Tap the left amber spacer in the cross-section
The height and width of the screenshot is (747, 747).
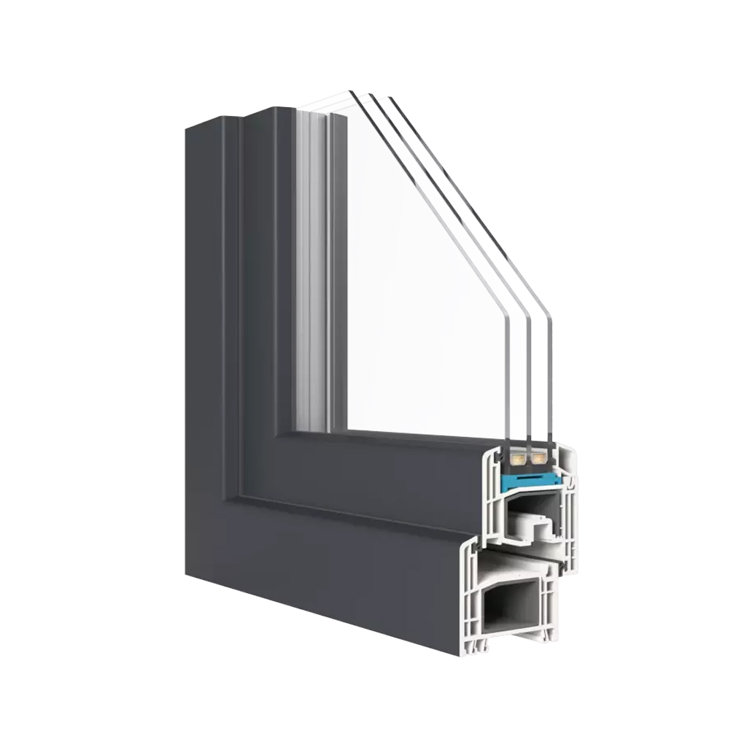click(x=519, y=459)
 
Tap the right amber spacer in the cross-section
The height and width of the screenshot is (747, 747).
click(x=539, y=459)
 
